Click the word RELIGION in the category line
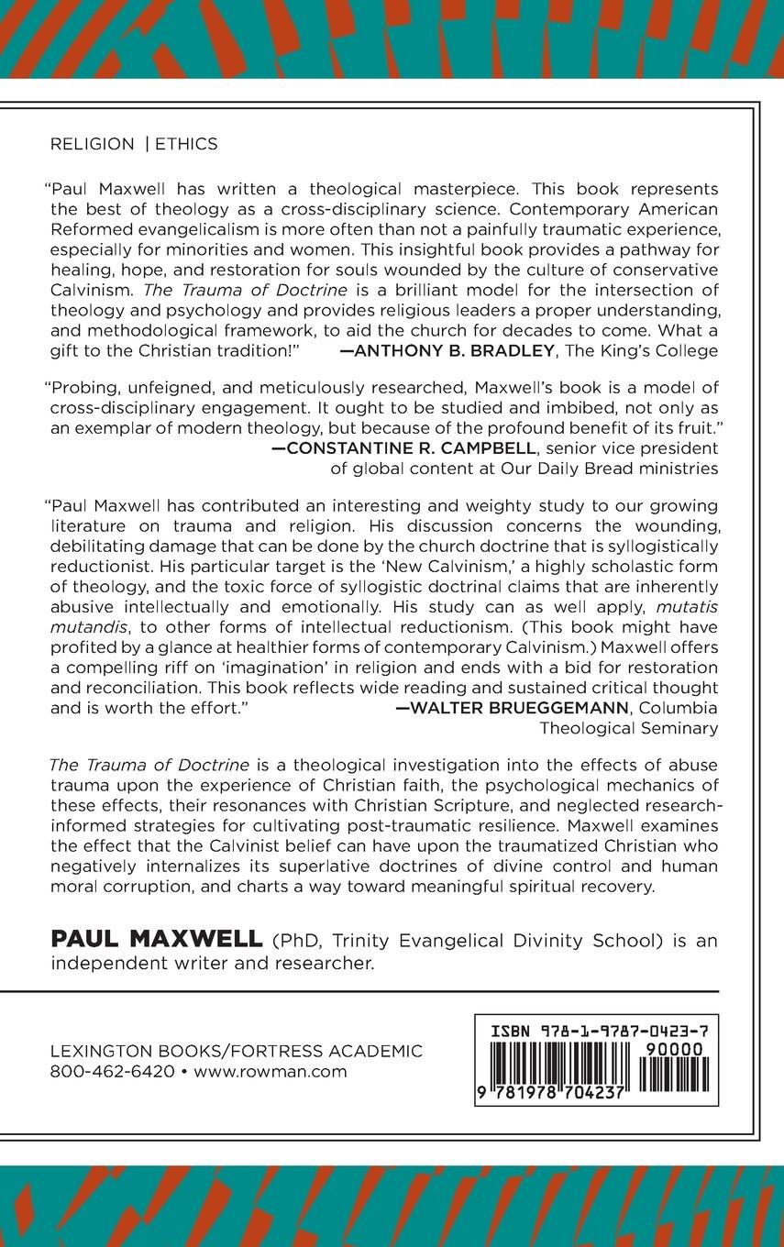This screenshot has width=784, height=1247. pos(92,144)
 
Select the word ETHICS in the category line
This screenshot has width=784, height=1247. pos(186,144)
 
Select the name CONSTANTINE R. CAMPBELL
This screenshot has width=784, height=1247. pos(409,447)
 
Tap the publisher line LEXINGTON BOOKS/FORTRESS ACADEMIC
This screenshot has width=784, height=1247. pos(237,1052)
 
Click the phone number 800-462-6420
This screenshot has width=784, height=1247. pos(112,1072)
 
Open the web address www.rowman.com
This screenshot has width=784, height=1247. pos(271,1072)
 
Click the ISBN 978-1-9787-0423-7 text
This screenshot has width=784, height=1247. pos(596,1031)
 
